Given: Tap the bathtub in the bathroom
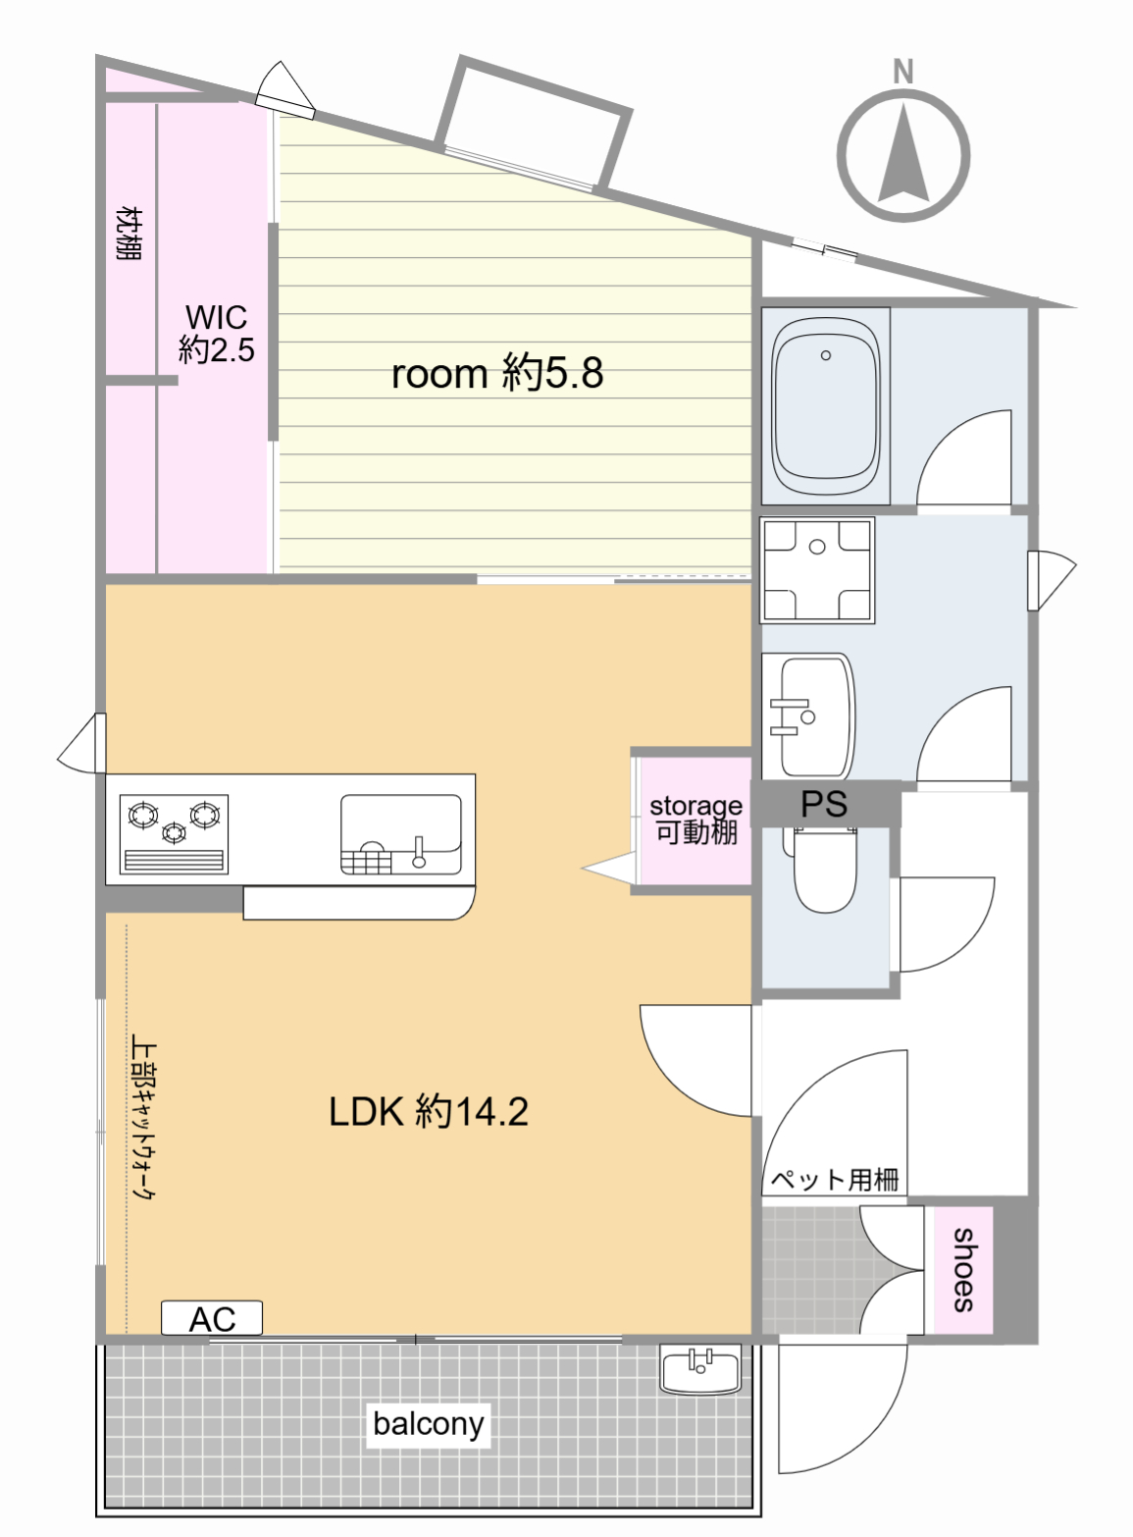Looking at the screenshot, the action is click(x=825, y=406).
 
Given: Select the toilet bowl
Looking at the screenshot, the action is click(x=825, y=870).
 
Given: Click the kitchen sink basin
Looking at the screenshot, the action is click(x=400, y=834).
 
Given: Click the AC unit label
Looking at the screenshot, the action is click(x=212, y=1318).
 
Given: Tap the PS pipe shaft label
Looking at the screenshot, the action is click(x=824, y=804).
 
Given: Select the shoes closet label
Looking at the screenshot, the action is click(x=963, y=1270).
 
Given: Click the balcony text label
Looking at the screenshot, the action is click(x=429, y=1423).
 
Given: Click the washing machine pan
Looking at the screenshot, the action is click(x=817, y=571).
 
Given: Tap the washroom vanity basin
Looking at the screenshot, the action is click(x=808, y=716).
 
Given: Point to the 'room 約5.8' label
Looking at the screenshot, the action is click(x=497, y=373).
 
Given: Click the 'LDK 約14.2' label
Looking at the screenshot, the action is click(x=429, y=1112).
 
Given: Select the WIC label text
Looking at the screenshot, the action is click(x=217, y=334).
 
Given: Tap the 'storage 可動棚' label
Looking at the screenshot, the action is click(x=696, y=820).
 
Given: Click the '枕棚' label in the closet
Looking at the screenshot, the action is click(x=129, y=233).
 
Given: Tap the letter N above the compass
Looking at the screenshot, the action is click(x=903, y=72).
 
